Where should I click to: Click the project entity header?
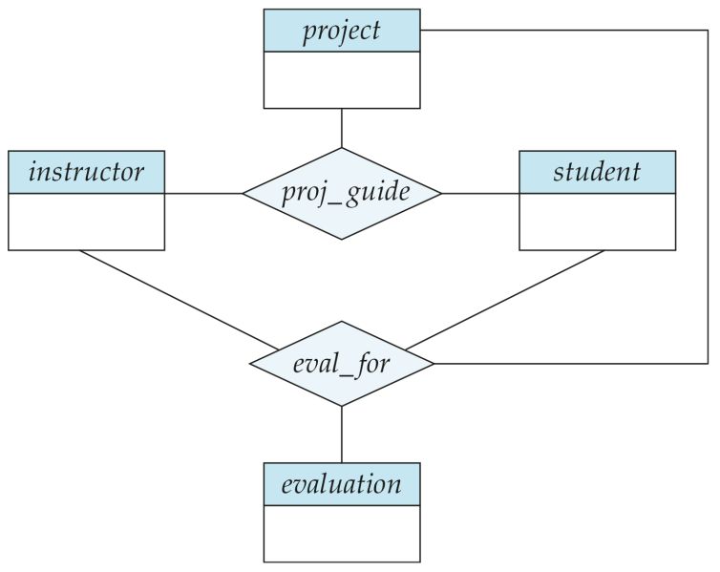pos(341,31)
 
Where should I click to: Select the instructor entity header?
pos(86,172)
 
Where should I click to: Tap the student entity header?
pos(597,172)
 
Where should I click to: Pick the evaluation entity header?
pos(341,484)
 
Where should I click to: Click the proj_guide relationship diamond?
pos(342,193)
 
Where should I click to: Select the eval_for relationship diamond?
pos(342,364)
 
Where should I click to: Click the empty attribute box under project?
pos(341,79)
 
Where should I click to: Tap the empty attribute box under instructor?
pos(86,222)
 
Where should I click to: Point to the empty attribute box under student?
pos(597,222)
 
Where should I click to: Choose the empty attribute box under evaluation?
pos(341,533)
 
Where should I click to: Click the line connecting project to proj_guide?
pos(342,128)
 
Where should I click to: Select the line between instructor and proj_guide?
pos(203,194)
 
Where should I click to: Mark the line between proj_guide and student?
pos(480,194)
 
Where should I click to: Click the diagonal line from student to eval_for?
pos(506,300)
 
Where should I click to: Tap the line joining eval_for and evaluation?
pos(342,434)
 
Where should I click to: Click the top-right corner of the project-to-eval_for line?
pos(708,31)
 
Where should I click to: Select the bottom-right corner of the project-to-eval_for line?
pos(708,364)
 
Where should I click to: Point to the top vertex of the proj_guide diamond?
pos(342,148)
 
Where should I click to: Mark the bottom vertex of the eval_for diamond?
pos(342,406)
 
